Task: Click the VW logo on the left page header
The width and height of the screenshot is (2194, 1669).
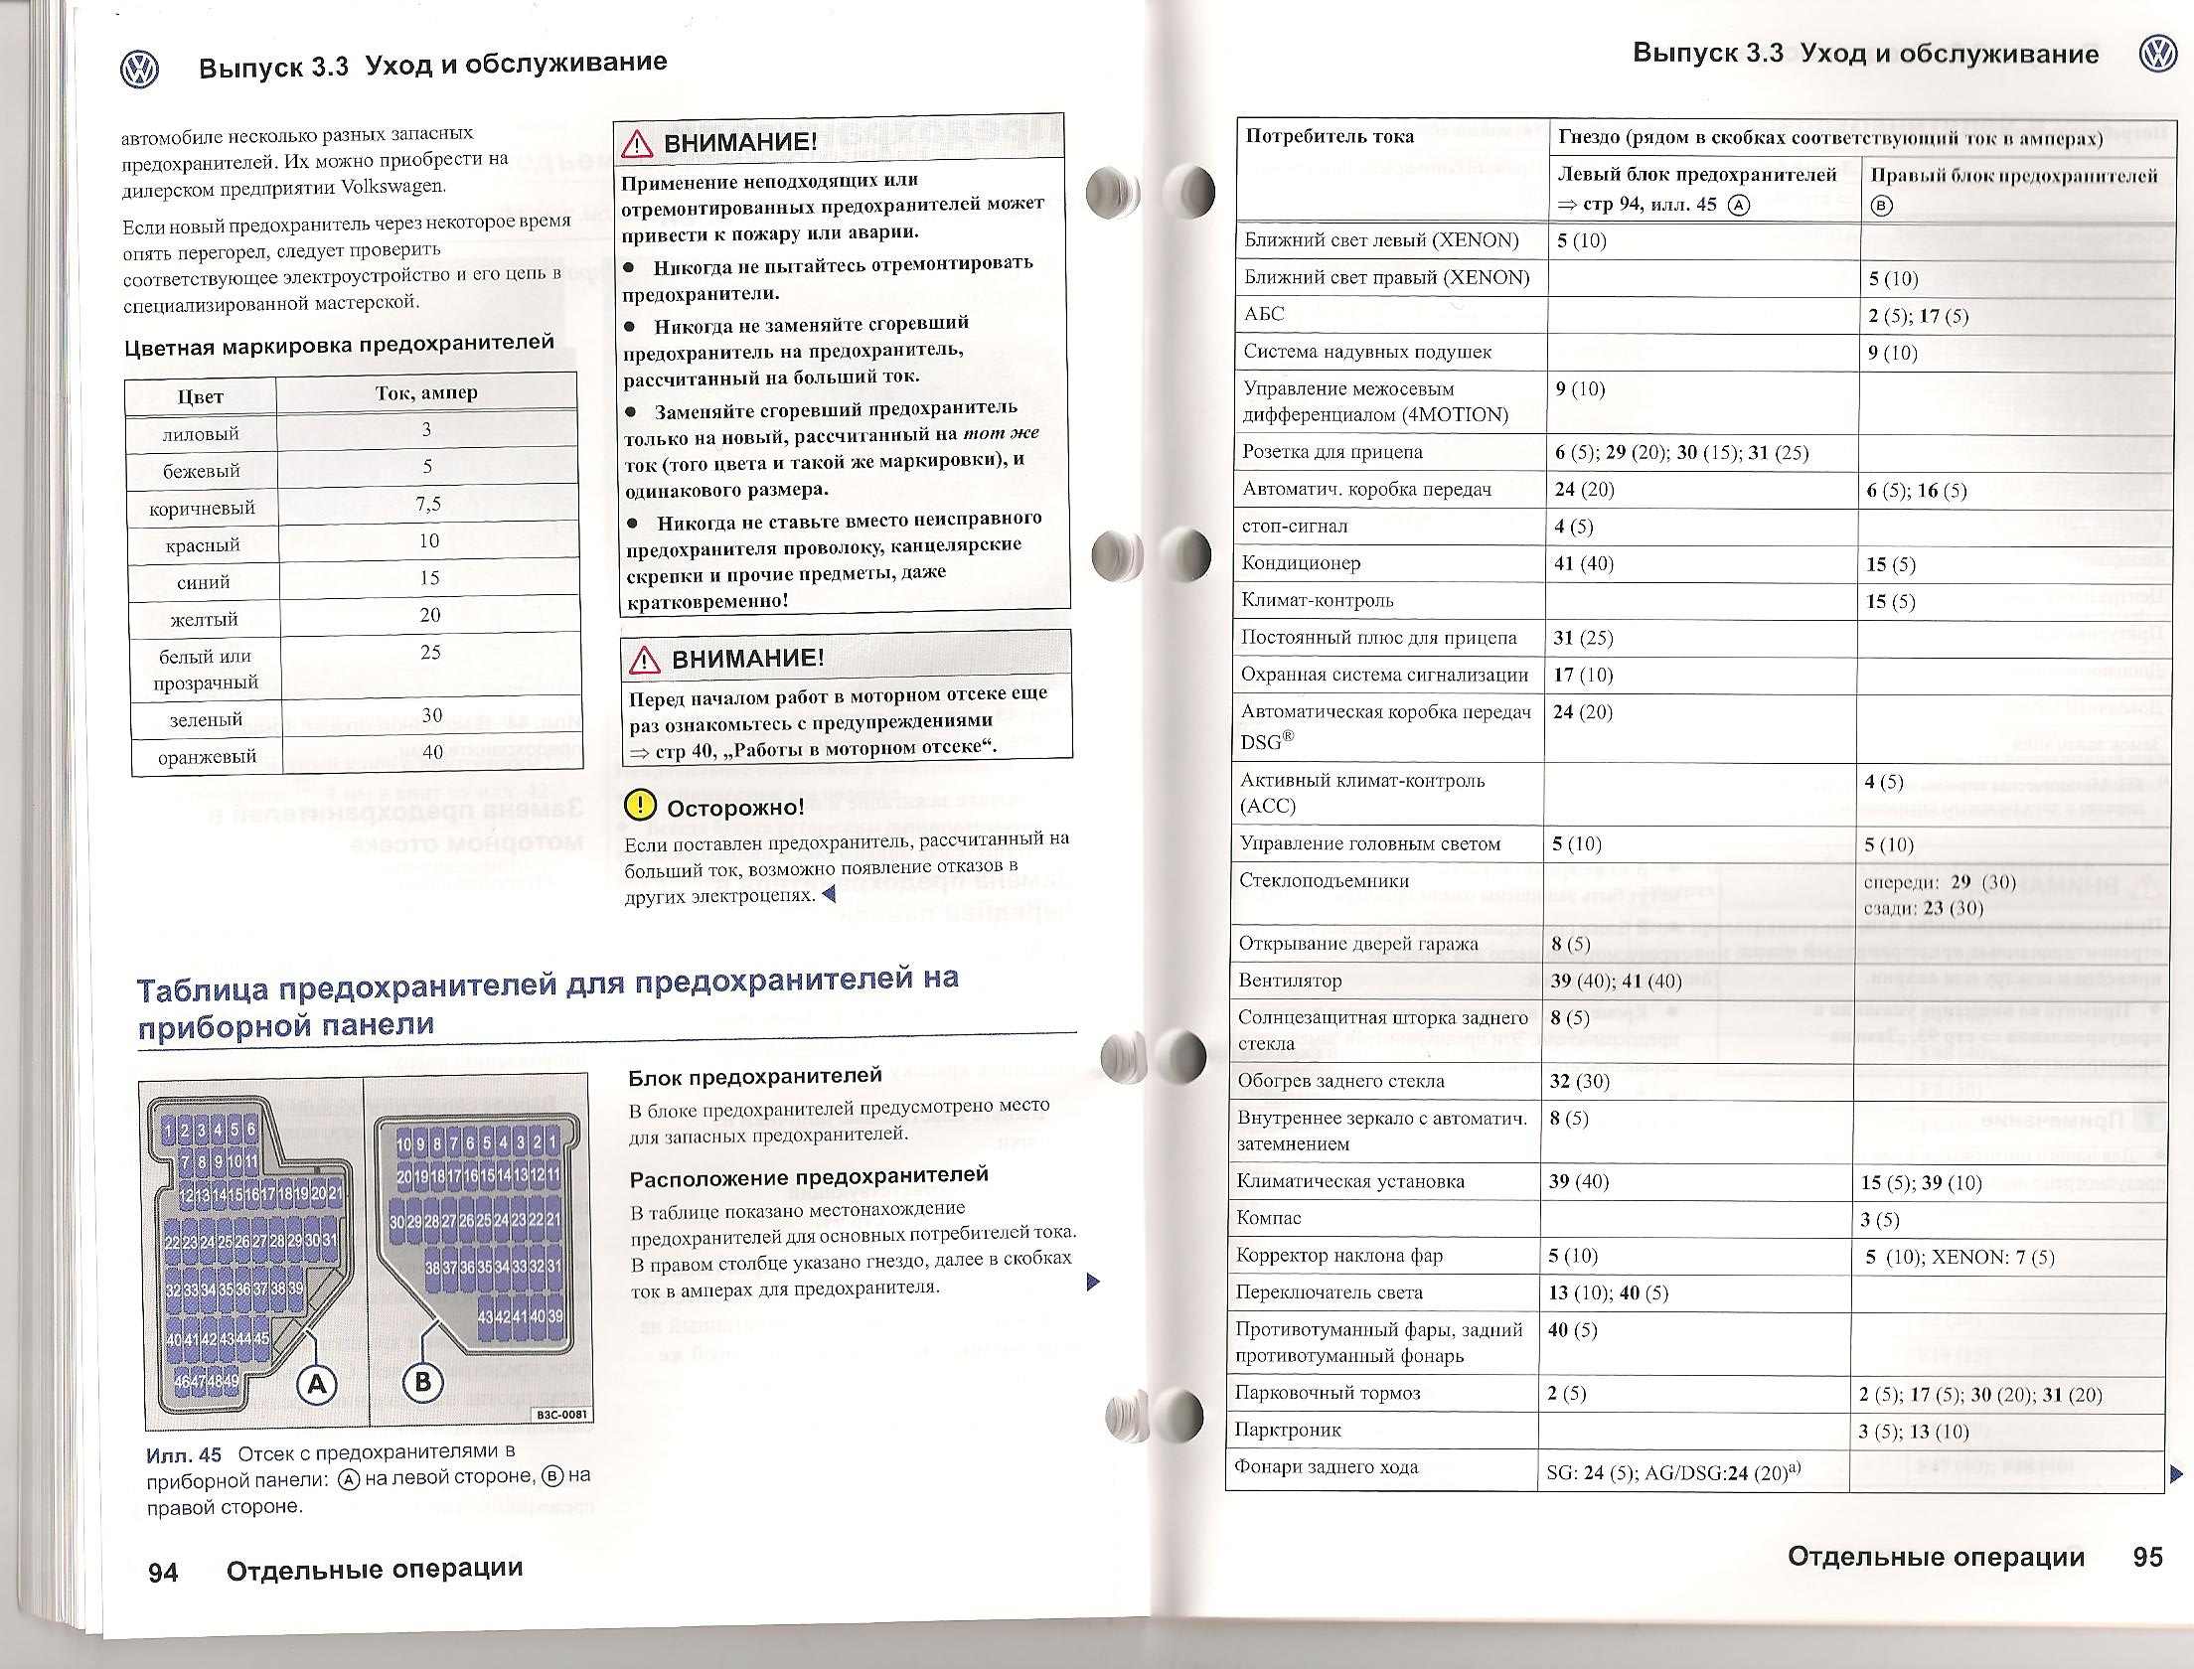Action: (x=139, y=70)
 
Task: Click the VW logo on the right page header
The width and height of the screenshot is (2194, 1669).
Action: (x=2158, y=54)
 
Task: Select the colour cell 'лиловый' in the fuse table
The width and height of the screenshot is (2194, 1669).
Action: (x=201, y=434)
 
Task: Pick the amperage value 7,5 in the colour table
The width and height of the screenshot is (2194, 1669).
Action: (x=428, y=504)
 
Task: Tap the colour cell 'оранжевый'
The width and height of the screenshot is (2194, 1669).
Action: (x=206, y=757)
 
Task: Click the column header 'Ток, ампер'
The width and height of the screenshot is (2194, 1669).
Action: (x=426, y=392)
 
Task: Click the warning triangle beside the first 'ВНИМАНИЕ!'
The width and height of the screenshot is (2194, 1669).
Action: (x=636, y=144)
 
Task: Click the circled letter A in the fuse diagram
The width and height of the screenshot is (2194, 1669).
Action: (x=318, y=1384)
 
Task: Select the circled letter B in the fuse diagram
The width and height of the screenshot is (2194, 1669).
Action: (x=422, y=1382)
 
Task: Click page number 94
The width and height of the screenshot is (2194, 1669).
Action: (x=163, y=1572)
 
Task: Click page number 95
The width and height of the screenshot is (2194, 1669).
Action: (x=2147, y=1557)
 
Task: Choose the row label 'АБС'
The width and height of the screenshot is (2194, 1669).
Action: (x=1264, y=315)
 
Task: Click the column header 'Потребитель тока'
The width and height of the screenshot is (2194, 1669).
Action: (x=1330, y=136)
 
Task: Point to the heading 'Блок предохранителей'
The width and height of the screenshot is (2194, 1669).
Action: (x=755, y=1076)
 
